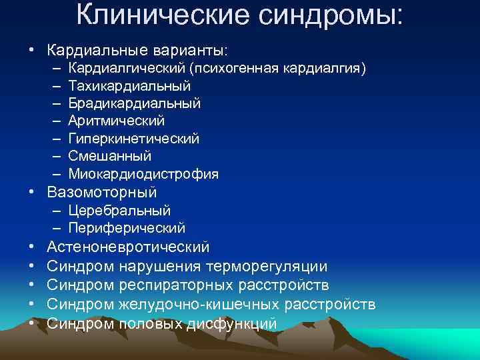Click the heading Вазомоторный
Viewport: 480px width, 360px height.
pos(102,193)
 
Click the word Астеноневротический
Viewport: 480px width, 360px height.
pos(129,247)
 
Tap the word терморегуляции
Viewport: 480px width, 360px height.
pos(267,267)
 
